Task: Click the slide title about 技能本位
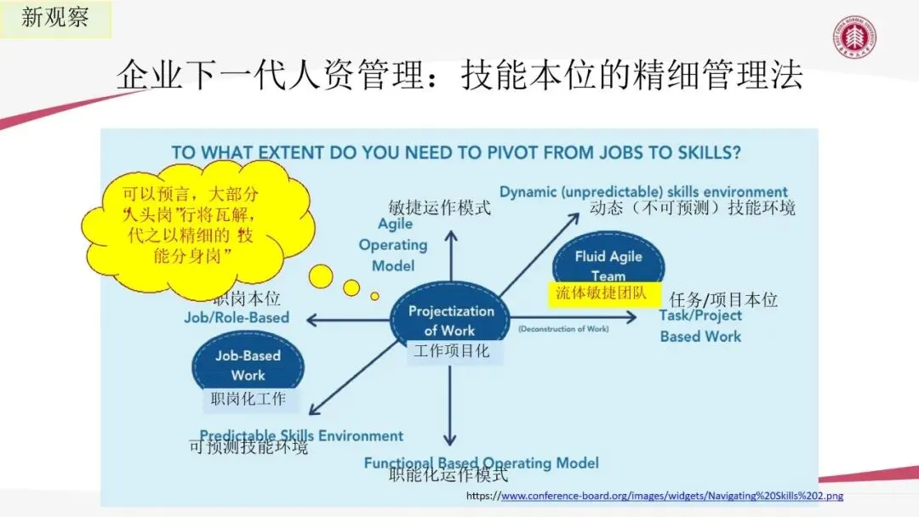pos(459,77)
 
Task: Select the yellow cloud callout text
pos(191,225)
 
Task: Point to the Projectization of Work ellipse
pos(451,320)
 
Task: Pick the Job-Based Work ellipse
pos(248,364)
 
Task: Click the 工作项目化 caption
pos(452,349)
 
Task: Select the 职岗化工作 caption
pos(248,398)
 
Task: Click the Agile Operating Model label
pos(392,245)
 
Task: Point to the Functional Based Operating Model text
pos(481,463)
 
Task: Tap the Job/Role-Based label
pos(237,317)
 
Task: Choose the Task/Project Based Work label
pos(700,326)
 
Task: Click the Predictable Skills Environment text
pos(301,435)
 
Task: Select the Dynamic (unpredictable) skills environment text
pos(643,191)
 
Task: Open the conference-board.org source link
pos(671,496)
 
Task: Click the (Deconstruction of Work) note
pos(562,328)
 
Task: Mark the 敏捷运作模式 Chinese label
pos(439,207)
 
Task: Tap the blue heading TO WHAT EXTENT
pos(455,153)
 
